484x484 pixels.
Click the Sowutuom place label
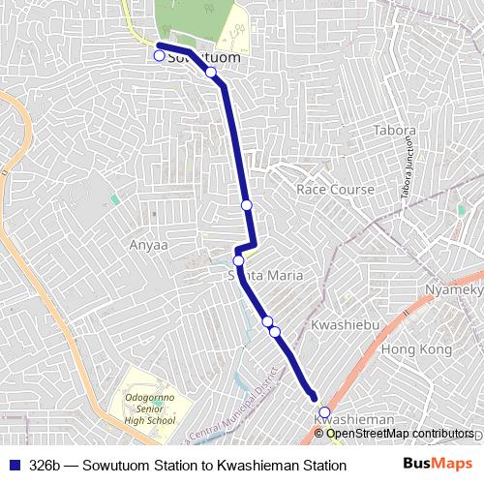[x=203, y=58]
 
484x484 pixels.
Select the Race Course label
[x=335, y=190]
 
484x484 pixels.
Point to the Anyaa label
[x=149, y=245]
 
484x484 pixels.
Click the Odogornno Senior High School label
[x=149, y=409]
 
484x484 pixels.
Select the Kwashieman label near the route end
[x=354, y=419]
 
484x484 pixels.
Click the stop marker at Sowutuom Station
[x=159, y=56]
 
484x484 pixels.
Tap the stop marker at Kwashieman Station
[x=324, y=412]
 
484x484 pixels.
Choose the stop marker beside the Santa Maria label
[x=238, y=260]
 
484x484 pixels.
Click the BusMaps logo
[x=438, y=465]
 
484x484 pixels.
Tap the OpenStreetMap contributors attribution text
[x=399, y=434]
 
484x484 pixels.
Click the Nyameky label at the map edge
[x=455, y=290]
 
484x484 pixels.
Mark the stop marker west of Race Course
[x=247, y=205]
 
